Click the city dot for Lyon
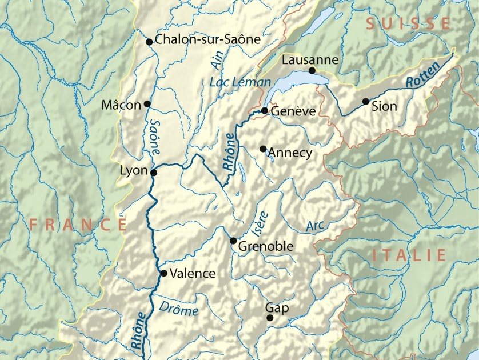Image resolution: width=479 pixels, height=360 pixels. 153,172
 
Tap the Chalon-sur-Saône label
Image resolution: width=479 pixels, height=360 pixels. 207,40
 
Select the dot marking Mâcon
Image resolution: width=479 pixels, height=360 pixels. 147,104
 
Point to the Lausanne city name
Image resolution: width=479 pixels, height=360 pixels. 310,60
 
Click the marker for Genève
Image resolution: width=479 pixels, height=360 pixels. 265,110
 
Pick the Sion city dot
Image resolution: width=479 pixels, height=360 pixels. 365,102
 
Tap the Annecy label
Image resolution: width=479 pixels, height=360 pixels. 290,153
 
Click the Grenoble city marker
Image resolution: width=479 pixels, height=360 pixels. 233,241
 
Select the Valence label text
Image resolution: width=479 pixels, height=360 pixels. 193,274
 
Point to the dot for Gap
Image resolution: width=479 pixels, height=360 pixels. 270,318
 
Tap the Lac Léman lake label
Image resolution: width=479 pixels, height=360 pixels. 240,82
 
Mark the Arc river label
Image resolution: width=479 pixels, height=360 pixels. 315,226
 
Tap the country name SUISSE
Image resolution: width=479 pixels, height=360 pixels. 408,23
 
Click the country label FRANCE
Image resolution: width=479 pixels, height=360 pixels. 78,224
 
